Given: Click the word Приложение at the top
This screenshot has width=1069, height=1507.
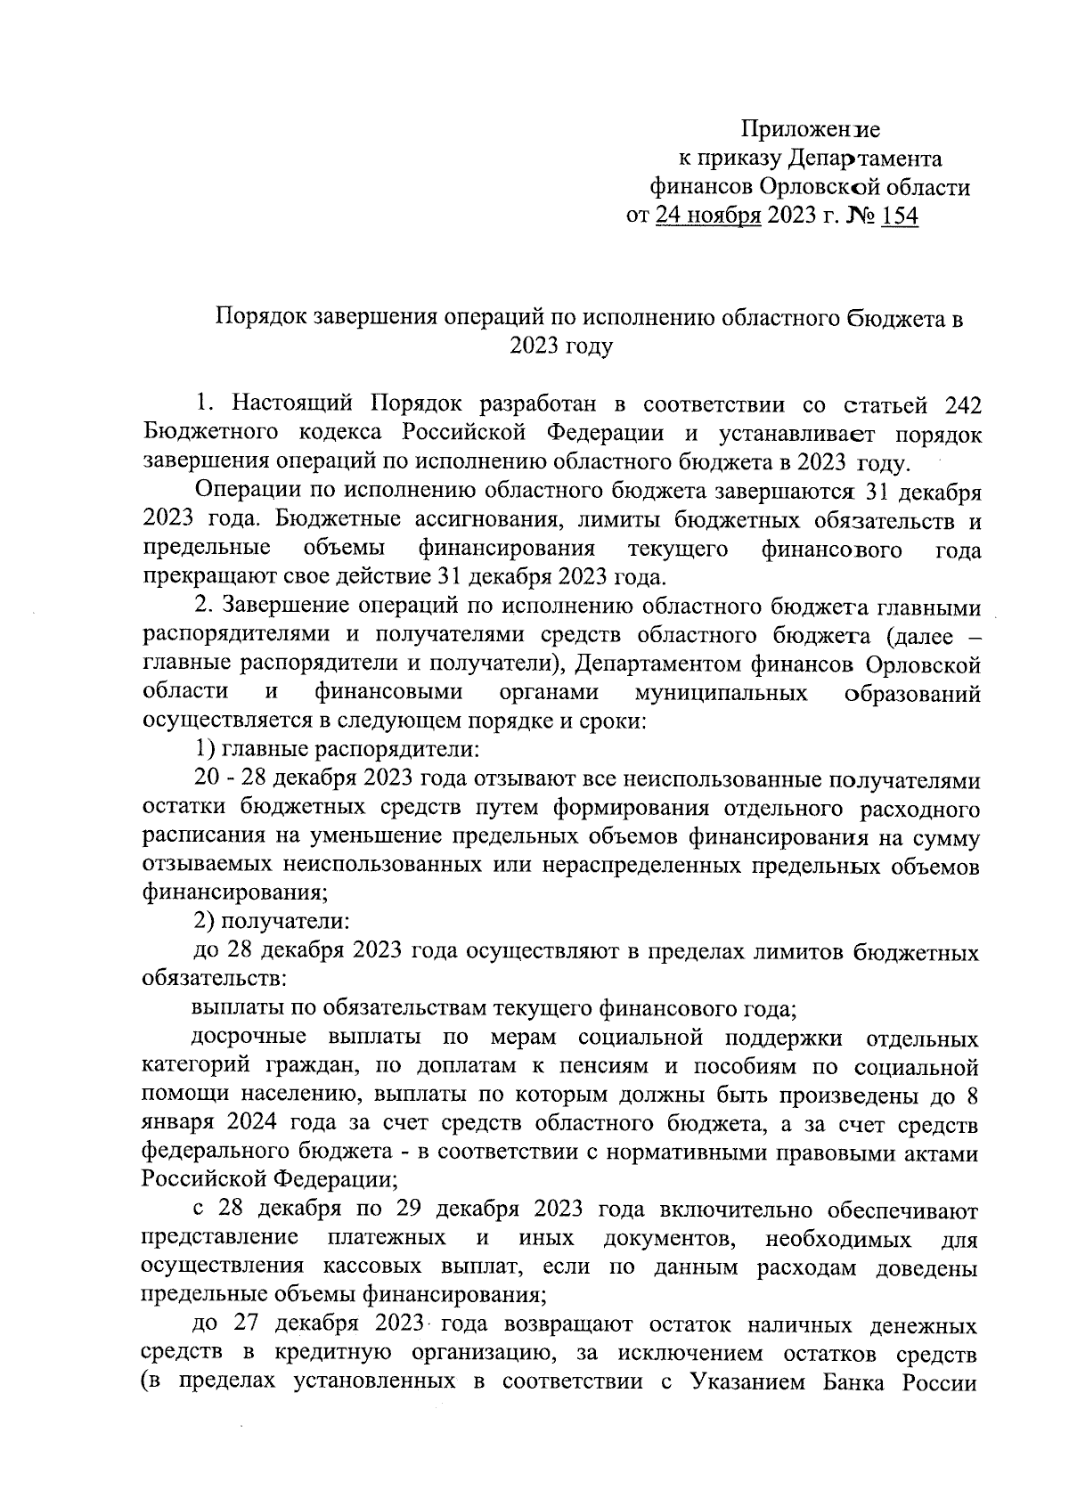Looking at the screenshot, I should pos(812,130).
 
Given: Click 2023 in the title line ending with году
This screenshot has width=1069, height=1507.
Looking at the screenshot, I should pos(534,346).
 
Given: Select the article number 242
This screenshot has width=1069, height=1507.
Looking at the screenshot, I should pos(960,405).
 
